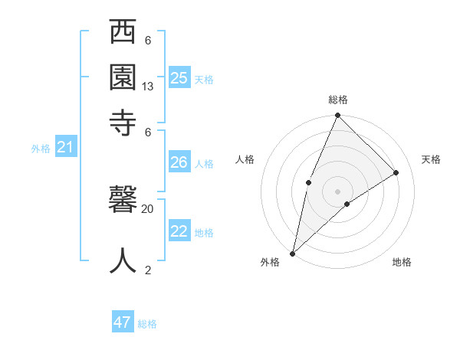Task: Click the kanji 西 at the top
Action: pos(123,33)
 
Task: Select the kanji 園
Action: pos(123,77)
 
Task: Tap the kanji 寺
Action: pos(123,123)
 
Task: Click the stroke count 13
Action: pos(148,87)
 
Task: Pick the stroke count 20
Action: pos(148,208)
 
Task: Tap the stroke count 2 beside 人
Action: pos(148,270)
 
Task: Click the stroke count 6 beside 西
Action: pos(148,41)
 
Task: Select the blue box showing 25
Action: pos(179,77)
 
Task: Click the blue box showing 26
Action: pos(179,162)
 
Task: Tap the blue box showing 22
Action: pos(179,232)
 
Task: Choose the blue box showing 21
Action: pos(65,148)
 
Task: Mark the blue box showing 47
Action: pos(123,322)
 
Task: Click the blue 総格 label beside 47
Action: pos(147,324)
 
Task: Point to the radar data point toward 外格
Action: pos(293,254)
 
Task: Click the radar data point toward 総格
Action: pos(337,116)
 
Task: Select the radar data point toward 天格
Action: pos(396,173)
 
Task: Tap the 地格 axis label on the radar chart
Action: pos(402,263)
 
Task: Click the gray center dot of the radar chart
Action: pos(337,191)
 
